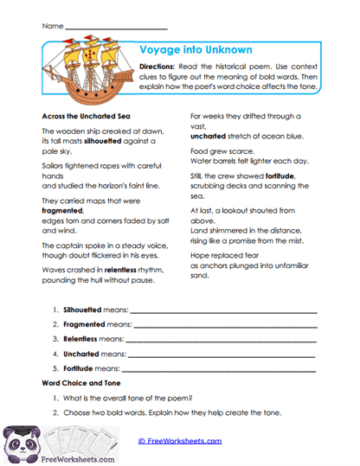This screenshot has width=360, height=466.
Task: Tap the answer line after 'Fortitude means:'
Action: [x=222, y=368]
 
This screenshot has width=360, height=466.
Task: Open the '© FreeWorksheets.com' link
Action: [x=180, y=440]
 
